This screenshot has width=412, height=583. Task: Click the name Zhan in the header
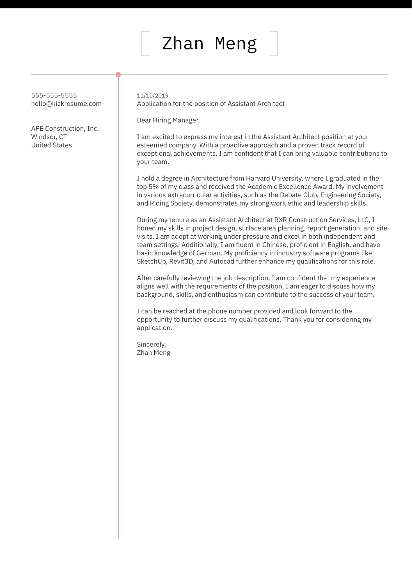click(x=183, y=44)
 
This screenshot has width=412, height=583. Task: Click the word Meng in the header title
click(x=236, y=44)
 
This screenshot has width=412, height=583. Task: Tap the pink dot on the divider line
click(x=118, y=75)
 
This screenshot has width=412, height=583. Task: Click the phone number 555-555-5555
click(x=54, y=95)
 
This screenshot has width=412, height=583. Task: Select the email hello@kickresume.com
click(x=66, y=104)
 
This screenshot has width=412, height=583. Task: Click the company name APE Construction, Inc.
click(x=65, y=129)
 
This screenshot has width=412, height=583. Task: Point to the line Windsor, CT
click(x=49, y=137)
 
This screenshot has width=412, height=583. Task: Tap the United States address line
click(x=51, y=145)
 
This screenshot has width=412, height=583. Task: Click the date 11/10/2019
click(x=152, y=96)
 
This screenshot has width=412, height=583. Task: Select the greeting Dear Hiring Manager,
click(x=168, y=120)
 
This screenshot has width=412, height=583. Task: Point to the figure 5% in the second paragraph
click(x=154, y=187)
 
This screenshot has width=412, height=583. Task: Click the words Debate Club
click(x=298, y=195)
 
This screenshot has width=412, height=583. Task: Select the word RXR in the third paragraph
click(x=280, y=220)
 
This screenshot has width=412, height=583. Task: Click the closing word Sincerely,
click(x=151, y=345)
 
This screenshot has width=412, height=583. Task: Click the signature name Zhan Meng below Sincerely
click(x=154, y=353)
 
